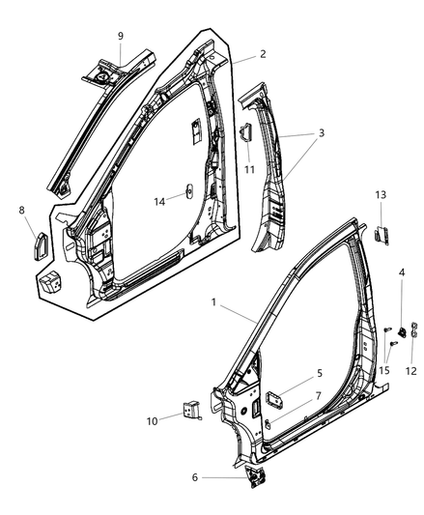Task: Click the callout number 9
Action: pyautogui.click(x=121, y=36)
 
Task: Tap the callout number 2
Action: pyautogui.click(x=236, y=55)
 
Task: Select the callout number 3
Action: pyautogui.click(x=321, y=134)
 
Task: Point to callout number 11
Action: pyautogui.click(x=248, y=169)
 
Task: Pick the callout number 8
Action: pyautogui.click(x=22, y=209)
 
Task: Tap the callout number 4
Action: pyautogui.click(x=401, y=273)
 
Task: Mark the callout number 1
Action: pyautogui.click(x=213, y=302)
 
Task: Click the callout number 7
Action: pyautogui.click(x=318, y=396)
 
